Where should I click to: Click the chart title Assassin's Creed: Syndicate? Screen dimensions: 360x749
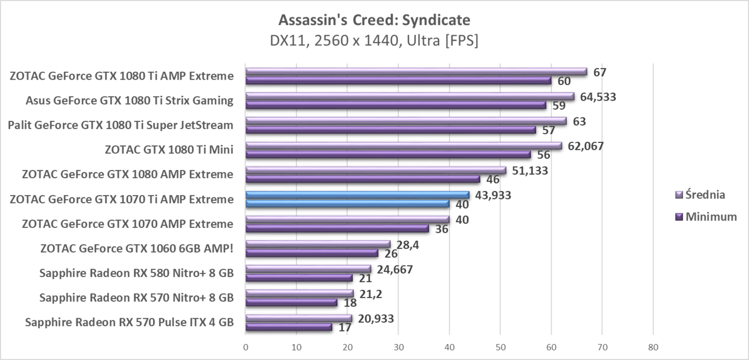click(x=374, y=20)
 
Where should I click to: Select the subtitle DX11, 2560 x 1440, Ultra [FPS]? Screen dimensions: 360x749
click(x=374, y=41)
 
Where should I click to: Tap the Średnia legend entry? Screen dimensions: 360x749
click(x=706, y=195)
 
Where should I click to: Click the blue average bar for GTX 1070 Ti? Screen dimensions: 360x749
click(x=357, y=195)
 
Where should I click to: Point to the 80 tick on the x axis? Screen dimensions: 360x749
click(x=653, y=347)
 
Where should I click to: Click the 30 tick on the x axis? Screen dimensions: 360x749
click(x=398, y=347)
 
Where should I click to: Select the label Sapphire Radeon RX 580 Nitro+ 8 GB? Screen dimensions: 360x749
click(x=136, y=273)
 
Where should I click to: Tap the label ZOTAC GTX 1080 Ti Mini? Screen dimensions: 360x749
click(x=169, y=149)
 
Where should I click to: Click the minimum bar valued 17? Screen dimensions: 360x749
click(x=289, y=327)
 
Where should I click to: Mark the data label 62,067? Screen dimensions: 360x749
click(x=586, y=146)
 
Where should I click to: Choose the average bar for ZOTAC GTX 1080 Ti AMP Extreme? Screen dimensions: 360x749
click(x=416, y=72)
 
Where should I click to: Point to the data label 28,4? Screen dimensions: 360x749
click(x=406, y=244)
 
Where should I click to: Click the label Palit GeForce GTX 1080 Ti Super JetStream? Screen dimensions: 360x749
click(x=120, y=125)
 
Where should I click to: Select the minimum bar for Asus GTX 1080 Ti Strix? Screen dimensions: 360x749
click(x=396, y=105)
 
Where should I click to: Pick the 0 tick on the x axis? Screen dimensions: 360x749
click(x=246, y=347)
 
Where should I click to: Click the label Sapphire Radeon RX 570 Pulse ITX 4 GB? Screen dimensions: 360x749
click(x=129, y=323)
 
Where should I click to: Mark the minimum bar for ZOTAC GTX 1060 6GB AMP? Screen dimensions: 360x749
click(x=312, y=253)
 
